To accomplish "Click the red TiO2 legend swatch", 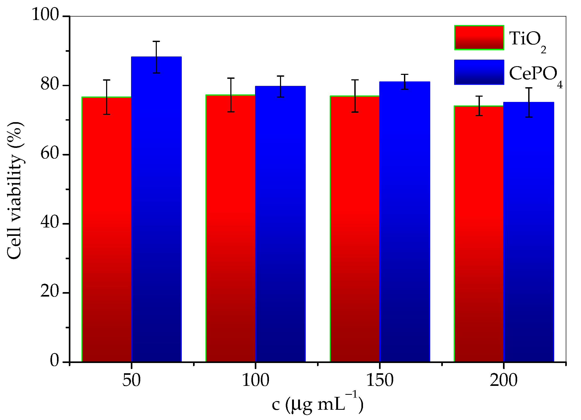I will [x=479, y=38].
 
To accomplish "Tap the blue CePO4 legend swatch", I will [x=479, y=72].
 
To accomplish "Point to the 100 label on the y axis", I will [x=45, y=14].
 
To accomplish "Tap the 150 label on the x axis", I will [x=380, y=380].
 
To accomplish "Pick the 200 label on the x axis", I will [x=504, y=380].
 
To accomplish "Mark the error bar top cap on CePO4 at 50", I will [x=156, y=42].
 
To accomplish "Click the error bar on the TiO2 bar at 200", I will [x=479, y=106].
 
